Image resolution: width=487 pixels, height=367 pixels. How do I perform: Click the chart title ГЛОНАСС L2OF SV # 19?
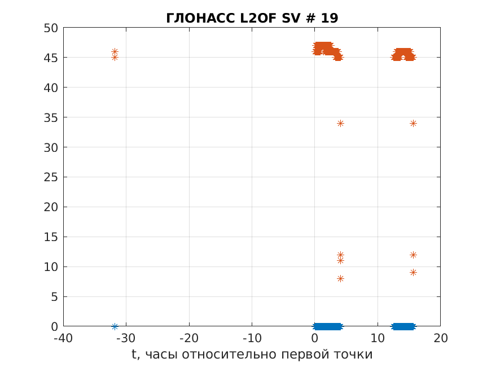[252, 18]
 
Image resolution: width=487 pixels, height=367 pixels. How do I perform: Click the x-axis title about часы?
[252, 355]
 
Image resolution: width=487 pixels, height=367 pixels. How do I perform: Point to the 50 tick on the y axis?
[51, 28]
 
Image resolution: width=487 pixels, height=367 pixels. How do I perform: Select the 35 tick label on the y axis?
[51, 117]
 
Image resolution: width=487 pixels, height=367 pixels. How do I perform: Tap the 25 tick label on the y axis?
[51, 177]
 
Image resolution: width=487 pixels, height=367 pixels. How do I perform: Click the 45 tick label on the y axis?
[51, 58]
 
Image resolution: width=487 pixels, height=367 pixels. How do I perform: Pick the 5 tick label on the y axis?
[54, 297]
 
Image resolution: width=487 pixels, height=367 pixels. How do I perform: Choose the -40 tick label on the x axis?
[63, 338]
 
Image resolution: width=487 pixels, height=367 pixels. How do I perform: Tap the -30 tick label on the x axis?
[126, 338]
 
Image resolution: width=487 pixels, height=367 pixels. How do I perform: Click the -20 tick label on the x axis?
[189, 338]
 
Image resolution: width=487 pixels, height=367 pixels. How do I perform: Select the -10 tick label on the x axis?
[252, 338]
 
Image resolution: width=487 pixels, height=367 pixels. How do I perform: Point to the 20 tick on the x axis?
[440, 338]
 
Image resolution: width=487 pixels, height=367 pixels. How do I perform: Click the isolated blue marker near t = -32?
[115, 326]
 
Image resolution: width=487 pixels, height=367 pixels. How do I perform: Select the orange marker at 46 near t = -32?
[115, 51]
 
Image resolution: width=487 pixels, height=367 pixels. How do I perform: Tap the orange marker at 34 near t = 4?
[340, 123]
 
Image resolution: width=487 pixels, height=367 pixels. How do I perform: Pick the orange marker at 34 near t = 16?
[413, 123]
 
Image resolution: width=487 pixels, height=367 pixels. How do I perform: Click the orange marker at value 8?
[340, 278]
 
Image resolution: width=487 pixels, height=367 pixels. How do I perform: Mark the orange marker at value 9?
[413, 272]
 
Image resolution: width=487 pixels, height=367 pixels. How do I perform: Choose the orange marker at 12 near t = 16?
[413, 255]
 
